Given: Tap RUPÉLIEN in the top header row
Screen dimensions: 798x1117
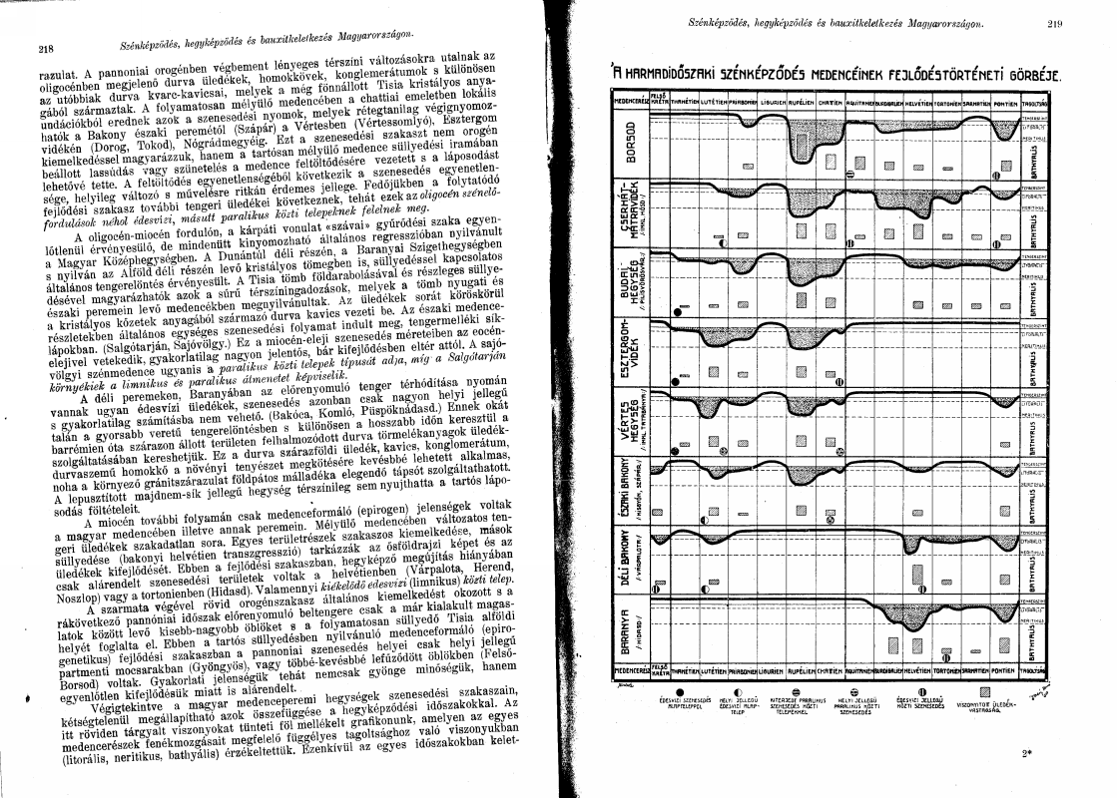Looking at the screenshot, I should point(803,101).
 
